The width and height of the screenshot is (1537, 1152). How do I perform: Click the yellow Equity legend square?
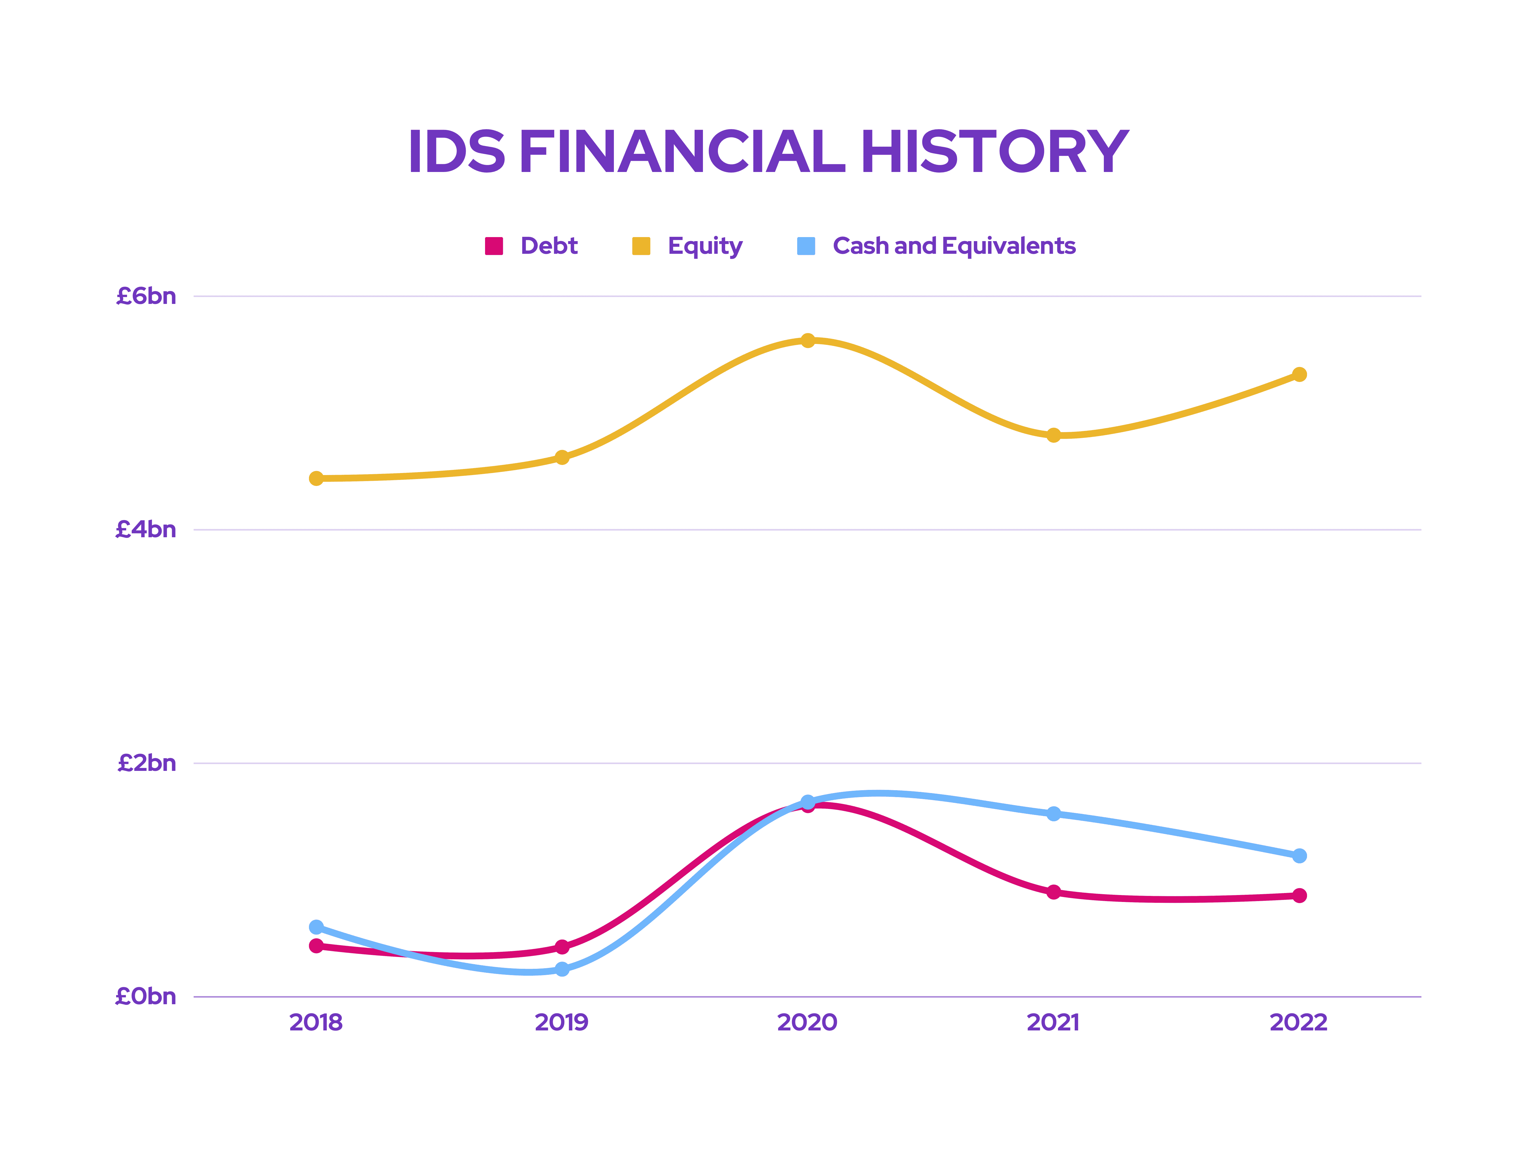[641, 246]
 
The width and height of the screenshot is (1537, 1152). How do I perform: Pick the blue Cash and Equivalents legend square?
[806, 246]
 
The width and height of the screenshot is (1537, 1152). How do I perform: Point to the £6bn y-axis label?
[146, 296]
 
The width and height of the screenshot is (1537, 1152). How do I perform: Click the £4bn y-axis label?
[146, 530]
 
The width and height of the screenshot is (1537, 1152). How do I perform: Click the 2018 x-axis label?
[316, 1022]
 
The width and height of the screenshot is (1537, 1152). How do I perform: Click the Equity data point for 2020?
[808, 340]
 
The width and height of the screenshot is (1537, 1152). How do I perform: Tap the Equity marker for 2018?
[316, 478]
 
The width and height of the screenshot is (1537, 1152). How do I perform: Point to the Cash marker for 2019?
[562, 969]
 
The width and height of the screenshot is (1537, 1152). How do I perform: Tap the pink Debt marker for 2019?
[562, 946]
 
